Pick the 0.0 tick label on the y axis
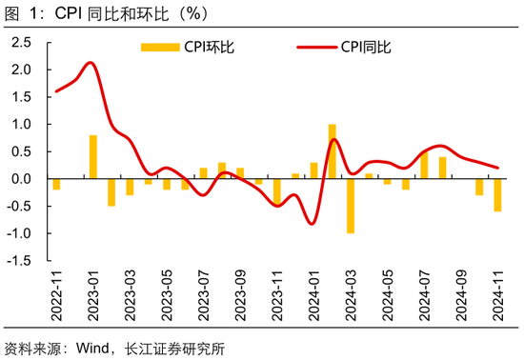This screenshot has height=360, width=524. [21, 179]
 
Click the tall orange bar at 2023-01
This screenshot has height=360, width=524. [93, 157]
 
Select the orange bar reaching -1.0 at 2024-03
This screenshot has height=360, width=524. [351, 206]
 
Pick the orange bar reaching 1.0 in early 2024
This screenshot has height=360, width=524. [333, 151]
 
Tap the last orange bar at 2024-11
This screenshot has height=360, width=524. [497, 195]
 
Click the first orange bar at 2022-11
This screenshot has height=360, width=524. [56, 184]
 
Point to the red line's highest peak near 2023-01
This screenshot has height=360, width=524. [90, 63]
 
